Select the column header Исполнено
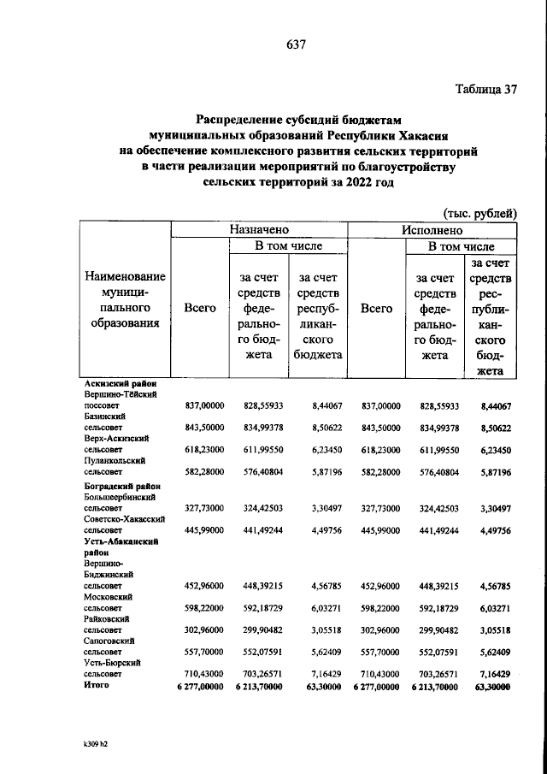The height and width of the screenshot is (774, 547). (x=432, y=230)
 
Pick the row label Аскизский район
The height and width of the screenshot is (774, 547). (x=121, y=387)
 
